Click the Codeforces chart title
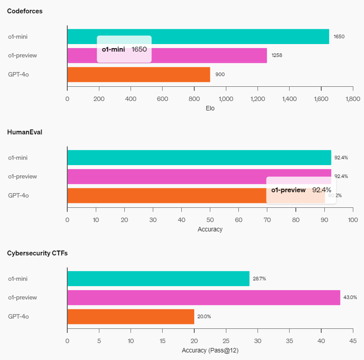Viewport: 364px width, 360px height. point(25,11)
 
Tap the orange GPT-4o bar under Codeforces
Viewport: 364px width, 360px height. point(138,74)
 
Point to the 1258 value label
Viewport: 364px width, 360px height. point(277,56)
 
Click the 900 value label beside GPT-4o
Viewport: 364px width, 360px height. point(220,74)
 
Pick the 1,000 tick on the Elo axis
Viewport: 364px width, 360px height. point(226,99)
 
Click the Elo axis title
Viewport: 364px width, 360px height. point(210,108)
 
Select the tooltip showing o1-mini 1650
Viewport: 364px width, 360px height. point(124,49)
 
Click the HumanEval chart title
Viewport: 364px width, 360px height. point(25,132)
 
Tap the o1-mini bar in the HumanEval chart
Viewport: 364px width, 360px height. point(199,158)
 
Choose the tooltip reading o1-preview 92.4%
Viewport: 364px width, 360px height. point(301,190)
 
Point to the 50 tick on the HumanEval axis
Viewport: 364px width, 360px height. point(210,220)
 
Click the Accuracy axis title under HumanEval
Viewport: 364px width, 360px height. point(210,229)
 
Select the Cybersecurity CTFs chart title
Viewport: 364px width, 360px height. point(37,253)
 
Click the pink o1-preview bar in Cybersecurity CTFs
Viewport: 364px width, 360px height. point(204,298)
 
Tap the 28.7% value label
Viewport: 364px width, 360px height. point(259,279)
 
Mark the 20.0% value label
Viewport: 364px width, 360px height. point(204,317)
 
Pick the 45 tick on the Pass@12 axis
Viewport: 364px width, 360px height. point(353,341)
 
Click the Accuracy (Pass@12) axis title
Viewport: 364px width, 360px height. point(210,350)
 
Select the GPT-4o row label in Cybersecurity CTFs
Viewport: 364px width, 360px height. point(19,316)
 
